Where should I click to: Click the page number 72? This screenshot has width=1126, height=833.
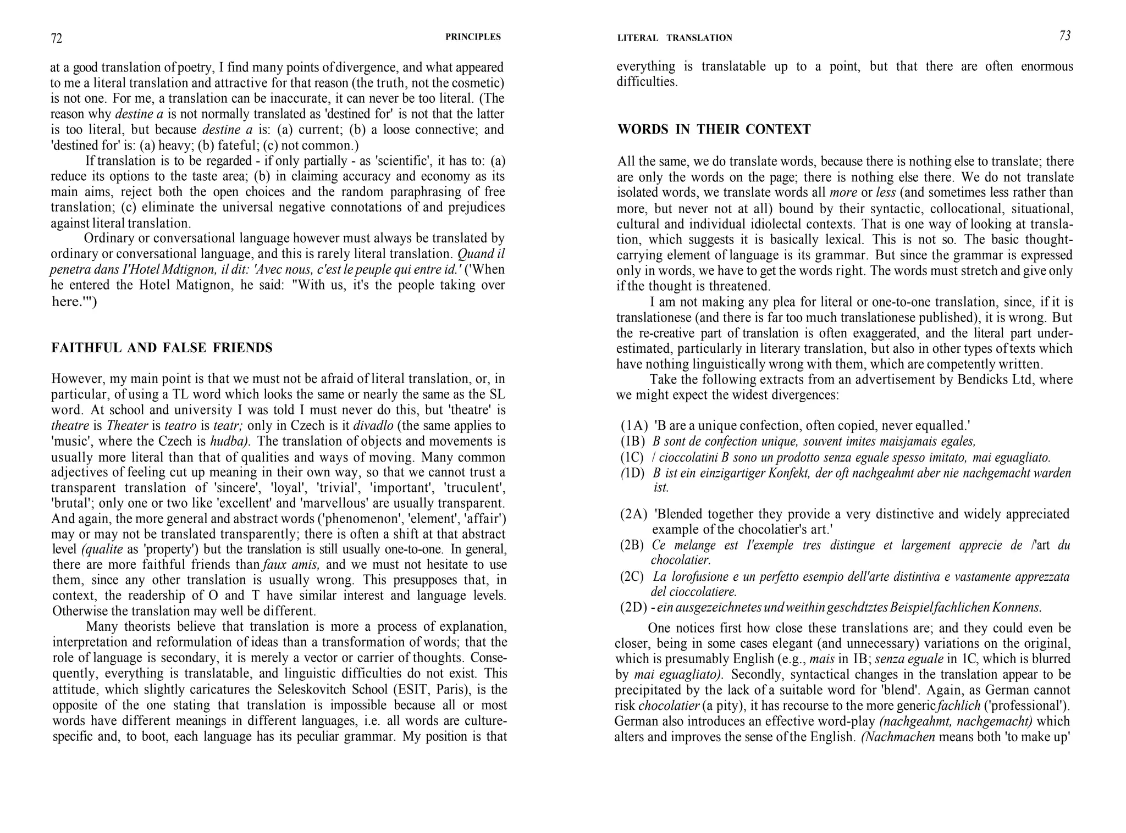pos(57,38)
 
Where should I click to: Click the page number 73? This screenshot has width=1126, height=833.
pos(1065,36)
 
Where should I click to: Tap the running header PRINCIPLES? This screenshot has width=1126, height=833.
pos(473,37)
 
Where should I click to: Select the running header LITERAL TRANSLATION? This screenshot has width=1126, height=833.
pos(675,38)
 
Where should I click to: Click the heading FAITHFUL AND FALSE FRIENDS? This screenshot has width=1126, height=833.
pos(162,348)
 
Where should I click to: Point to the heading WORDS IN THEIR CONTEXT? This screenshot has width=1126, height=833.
pos(714,130)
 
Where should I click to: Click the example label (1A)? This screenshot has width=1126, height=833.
pos(633,426)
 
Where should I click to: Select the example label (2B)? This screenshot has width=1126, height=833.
pos(632,545)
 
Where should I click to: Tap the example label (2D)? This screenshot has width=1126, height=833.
pos(633,608)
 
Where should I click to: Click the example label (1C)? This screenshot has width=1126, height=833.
pos(632,457)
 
